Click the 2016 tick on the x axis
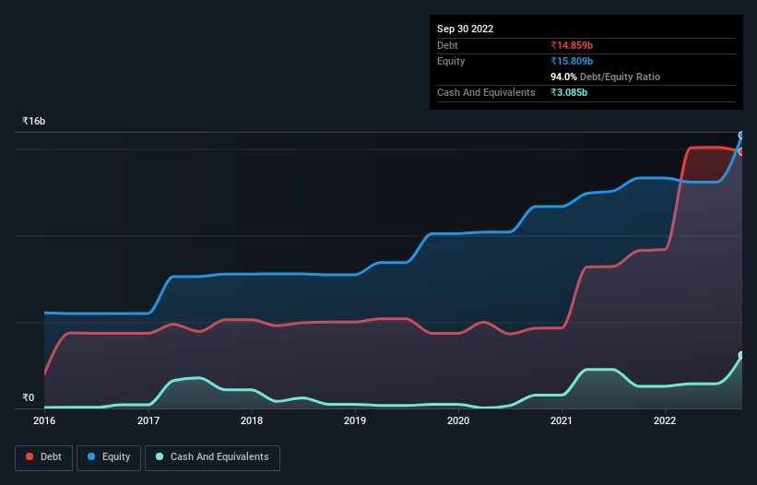click(44, 420)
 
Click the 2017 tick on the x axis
click(148, 420)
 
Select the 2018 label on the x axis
click(252, 420)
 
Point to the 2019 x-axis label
click(355, 420)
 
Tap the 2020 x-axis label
click(459, 420)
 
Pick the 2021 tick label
click(562, 420)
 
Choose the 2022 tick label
click(666, 420)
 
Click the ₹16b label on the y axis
click(34, 122)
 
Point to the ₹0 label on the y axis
click(29, 398)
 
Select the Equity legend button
click(110, 457)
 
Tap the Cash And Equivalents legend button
click(212, 457)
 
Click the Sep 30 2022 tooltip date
click(466, 29)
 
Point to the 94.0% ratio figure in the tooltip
click(563, 77)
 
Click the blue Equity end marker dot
click(741, 136)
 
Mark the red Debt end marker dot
click(741, 151)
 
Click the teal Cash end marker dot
click(741, 355)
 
